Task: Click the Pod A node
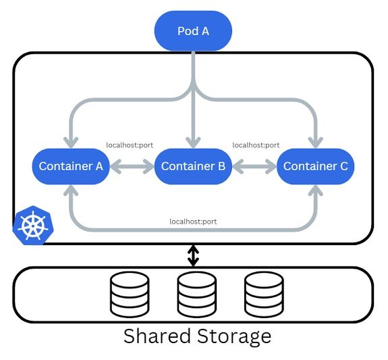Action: tap(193, 31)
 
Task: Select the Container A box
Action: tap(71, 166)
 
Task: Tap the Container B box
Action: tap(193, 166)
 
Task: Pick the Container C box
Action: tap(315, 166)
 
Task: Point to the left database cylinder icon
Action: tap(129, 294)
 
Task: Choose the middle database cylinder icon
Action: tap(196, 294)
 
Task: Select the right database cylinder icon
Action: tap(264, 294)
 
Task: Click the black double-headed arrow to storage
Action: tap(194, 255)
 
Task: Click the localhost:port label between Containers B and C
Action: tap(256, 145)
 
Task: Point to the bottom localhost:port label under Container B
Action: tap(193, 221)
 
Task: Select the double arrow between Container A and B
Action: tap(132, 166)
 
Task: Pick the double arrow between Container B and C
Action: tap(254, 166)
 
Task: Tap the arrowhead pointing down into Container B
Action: tap(194, 142)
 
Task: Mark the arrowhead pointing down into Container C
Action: tap(315, 142)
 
